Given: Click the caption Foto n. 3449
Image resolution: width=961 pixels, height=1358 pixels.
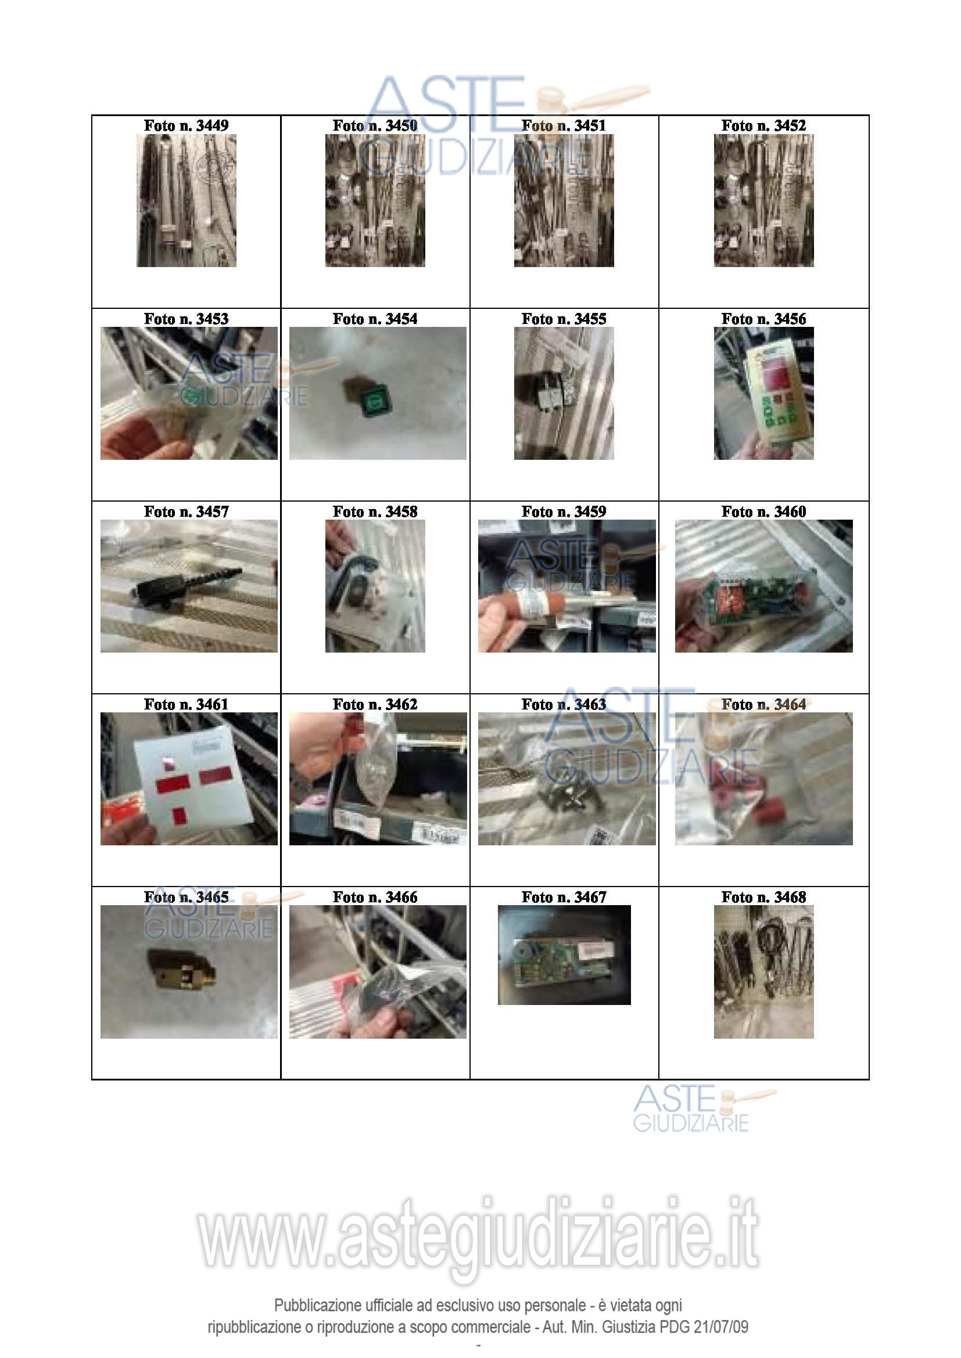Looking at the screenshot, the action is [186, 125].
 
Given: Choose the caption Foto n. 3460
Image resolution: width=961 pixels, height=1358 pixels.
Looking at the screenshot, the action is [763, 511].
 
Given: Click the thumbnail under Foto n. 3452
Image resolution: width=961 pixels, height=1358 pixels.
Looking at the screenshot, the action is [763, 200].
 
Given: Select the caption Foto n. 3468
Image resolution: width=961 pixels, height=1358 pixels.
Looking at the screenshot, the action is [763, 897].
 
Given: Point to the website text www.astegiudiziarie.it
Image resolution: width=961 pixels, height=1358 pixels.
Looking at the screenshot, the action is [478, 1234].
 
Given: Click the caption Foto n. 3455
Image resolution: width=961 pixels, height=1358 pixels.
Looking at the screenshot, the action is [564, 319].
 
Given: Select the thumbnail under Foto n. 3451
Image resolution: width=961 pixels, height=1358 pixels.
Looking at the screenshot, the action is [564, 200].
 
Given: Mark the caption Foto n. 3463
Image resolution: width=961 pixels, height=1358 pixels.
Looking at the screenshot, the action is [564, 704].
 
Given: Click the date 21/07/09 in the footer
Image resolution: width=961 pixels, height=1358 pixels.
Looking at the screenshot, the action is [720, 1327].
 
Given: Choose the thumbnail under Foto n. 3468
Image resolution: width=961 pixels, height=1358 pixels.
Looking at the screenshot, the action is [763, 972].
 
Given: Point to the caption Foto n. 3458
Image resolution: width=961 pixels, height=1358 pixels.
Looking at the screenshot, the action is [375, 511].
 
